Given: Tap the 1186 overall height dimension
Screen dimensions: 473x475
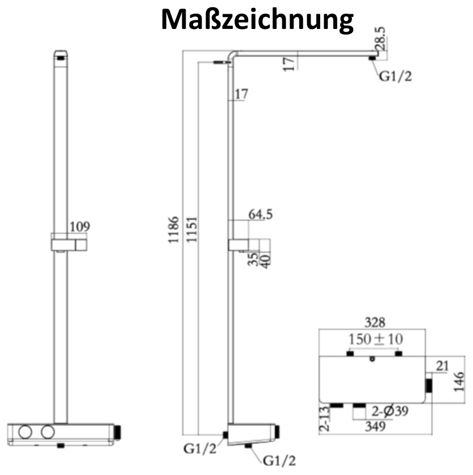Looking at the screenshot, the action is click(x=174, y=230).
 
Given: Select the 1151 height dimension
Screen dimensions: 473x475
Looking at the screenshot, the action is click(x=191, y=229).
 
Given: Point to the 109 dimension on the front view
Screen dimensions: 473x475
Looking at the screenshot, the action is click(x=80, y=226).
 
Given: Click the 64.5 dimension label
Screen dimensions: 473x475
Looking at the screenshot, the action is click(x=261, y=214).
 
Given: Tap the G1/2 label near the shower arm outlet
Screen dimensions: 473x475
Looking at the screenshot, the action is click(x=395, y=77).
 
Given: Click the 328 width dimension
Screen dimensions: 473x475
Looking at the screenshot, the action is click(x=375, y=322).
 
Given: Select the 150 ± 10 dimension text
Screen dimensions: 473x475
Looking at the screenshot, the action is click(x=376, y=339).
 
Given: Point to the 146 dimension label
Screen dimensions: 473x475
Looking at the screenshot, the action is click(x=459, y=382).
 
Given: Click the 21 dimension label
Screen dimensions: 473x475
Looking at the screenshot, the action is click(x=442, y=366).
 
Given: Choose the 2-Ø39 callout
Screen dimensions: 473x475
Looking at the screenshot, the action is click(x=390, y=411).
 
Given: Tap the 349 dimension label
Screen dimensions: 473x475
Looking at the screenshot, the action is click(x=375, y=427).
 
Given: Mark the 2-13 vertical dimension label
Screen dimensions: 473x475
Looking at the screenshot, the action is click(x=324, y=419).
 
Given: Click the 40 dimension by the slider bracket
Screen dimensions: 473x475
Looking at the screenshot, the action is click(x=265, y=262).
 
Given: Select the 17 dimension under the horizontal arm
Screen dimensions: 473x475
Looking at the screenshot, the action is click(x=289, y=64).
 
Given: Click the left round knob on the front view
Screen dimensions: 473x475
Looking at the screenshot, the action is click(x=25, y=432).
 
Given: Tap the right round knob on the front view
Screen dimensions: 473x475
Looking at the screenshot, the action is click(x=48, y=432).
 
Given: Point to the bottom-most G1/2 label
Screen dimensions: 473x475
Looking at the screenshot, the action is click(x=279, y=461).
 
